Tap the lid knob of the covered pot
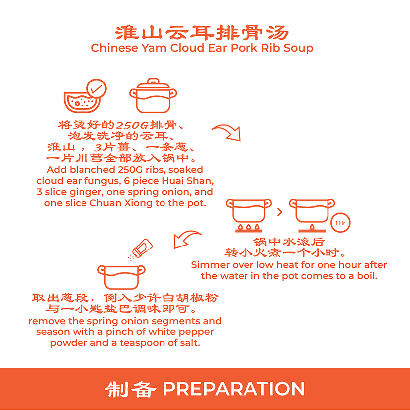tap(153, 81)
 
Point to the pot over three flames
tap(248, 211)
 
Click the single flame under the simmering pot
tap(312, 227)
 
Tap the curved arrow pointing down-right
tap(227, 132)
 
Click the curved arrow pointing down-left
tap(187, 239)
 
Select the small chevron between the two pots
tap(280, 212)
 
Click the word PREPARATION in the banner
tap(234, 389)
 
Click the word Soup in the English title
tap(298, 48)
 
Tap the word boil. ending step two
tap(367, 276)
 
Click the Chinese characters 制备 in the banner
tap(131, 389)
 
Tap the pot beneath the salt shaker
tap(121, 277)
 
